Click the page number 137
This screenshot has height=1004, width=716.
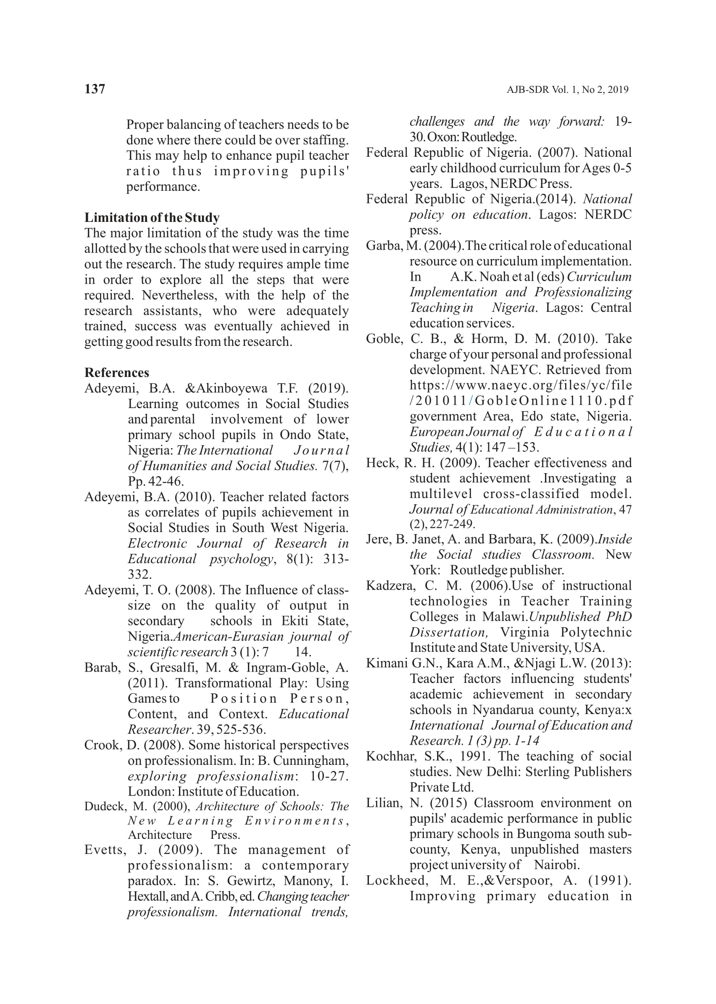[95, 89]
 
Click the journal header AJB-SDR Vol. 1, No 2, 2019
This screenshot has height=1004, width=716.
[567, 90]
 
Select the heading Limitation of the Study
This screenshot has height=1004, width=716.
[152, 217]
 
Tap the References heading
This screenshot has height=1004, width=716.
[117, 373]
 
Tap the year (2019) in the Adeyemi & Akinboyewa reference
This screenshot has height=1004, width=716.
[328, 388]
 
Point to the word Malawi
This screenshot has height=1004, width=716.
[505, 617]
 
